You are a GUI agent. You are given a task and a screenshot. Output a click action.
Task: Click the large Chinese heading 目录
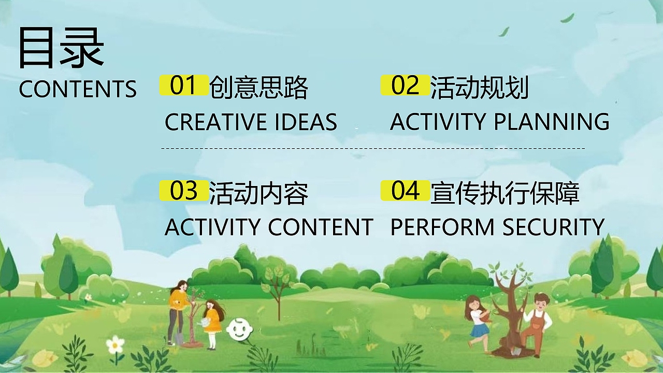point(61,48)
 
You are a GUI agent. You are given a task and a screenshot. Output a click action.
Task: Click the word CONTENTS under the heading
point(78,89)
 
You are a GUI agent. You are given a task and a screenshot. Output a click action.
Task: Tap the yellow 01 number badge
point(183,85)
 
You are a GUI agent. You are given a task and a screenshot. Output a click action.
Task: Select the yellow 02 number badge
point(405,85)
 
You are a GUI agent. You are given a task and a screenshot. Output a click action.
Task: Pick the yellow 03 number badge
point(183,191)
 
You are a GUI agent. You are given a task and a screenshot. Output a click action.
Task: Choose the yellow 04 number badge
point(405,191)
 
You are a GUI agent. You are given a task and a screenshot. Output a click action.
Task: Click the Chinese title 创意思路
point(258,88)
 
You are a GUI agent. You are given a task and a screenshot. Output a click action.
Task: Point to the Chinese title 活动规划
point(480,88)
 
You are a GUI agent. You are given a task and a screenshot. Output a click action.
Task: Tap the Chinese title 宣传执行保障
point(505,193)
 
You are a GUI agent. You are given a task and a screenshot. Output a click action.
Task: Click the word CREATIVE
point(214,122)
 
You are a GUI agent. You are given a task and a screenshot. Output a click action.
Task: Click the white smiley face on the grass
point(238,329)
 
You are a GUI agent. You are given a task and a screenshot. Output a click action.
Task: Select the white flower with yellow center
point(115,345)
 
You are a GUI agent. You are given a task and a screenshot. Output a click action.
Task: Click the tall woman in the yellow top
point(178,311)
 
